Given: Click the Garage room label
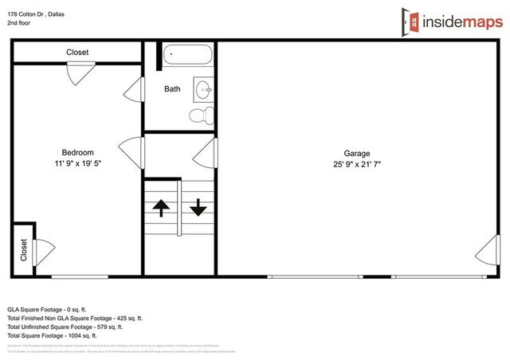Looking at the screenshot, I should point(357,154).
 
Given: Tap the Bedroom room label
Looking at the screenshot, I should point(78,153).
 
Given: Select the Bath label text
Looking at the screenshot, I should point(172,89).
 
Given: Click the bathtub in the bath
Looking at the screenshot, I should point(188,57).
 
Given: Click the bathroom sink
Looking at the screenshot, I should point(204,88).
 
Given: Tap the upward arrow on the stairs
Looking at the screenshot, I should point(161,209).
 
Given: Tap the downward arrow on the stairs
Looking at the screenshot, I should point(198,209).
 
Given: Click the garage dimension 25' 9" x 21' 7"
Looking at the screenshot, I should point(357,165).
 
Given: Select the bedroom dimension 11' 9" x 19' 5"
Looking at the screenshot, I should point(78,164).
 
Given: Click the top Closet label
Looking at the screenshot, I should point(77,53).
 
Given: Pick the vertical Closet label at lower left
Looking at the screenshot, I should point(24,250).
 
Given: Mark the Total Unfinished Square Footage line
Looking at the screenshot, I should point(65,327).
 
